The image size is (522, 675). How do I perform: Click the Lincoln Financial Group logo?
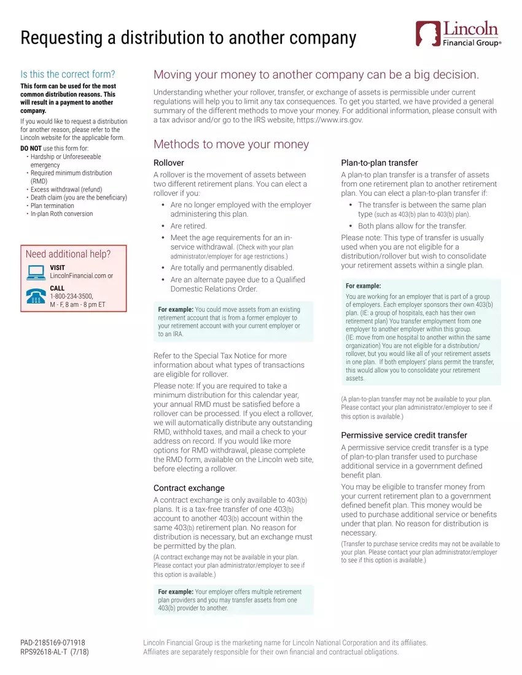point(458,34)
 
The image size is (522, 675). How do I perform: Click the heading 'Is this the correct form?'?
point(68,74)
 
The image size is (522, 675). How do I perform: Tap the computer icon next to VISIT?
point(36,272)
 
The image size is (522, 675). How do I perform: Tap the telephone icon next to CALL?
point(36,296)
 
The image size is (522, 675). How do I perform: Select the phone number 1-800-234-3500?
point(71,296)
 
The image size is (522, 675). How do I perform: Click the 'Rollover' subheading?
point(168,163)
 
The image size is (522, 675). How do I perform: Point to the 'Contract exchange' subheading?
point(189,488)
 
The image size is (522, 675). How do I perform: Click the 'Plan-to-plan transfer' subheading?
point(379,163)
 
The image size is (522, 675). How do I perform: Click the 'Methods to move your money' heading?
point(231,144)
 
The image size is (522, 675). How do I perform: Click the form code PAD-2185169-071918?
point(53,642)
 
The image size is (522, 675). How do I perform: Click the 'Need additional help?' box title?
point(68,254)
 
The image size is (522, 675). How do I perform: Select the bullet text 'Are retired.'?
point(188,226)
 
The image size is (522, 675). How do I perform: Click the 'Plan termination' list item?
point(61,206)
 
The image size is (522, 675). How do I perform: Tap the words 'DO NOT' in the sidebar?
point(31,148)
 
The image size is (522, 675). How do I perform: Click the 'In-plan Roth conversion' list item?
point(61,214)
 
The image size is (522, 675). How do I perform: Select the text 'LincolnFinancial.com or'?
point(81,276)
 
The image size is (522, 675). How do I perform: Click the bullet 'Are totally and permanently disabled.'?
point(232,268)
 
